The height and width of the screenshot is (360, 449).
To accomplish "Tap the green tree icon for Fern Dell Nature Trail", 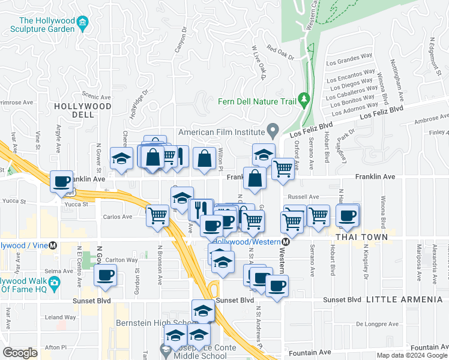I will click(x=303, y=98).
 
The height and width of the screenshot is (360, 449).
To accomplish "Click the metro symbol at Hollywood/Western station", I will click(x=286, y=242).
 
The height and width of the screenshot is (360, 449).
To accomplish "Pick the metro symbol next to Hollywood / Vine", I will click(x=53, y=245).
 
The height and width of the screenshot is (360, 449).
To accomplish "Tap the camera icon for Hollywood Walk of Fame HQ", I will click(x=55, y=282).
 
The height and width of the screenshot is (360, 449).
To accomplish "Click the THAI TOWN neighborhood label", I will click(x=359, y=238).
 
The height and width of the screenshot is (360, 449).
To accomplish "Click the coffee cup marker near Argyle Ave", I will click(x=61, y=181).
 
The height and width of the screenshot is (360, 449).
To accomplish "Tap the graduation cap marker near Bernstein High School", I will click(x=203, y=310).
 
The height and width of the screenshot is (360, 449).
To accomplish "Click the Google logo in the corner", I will click(x=20, y=353).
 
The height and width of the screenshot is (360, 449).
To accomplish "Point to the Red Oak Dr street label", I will click(x=280, y=53).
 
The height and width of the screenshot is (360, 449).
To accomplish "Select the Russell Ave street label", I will click(x=303, y=196).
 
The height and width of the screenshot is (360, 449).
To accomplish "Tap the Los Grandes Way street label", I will click(x=349, y=59).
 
